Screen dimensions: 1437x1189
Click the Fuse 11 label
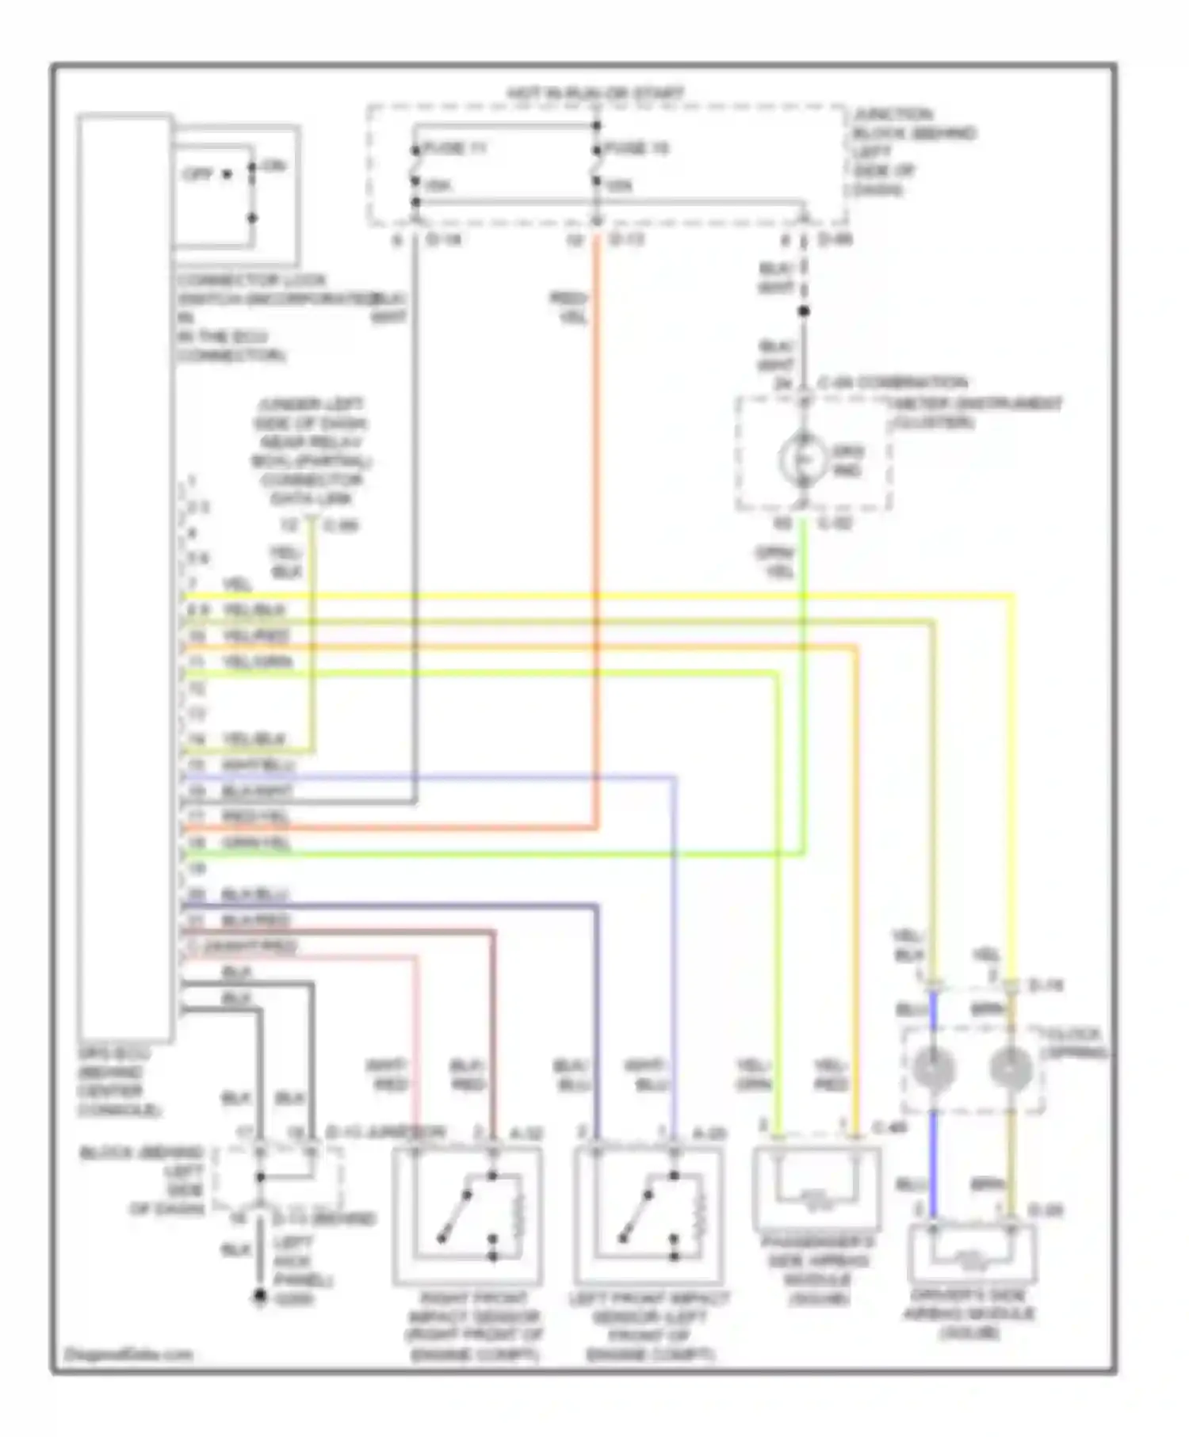(x=455, y=148)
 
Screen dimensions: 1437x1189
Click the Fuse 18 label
(x=637, y=148)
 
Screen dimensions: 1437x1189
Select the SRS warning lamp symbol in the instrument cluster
(x=802, y=460)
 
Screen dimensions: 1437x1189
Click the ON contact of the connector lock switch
(x=272, y=166)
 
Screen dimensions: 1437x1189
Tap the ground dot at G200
(x=259, y=1297)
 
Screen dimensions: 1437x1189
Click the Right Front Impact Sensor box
(x=468, y=1216)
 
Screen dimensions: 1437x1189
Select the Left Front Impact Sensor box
(x=648, y=1216)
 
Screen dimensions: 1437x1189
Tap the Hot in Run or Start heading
(x=595, y=93)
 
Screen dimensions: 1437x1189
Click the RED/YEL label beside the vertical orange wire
(x=569, y=308)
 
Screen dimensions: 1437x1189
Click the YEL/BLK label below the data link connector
(x=285, y=562)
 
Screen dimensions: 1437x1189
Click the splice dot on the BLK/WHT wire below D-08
(x=804, y=311)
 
